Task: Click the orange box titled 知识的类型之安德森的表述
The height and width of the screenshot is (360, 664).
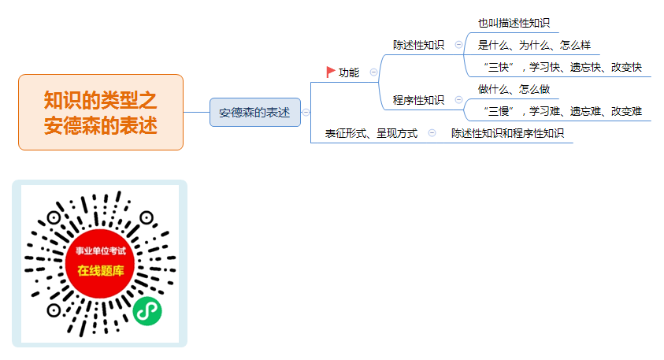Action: (101, 112)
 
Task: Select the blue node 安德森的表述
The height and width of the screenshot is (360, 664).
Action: (255, 112)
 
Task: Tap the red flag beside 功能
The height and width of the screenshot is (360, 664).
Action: (331, 72)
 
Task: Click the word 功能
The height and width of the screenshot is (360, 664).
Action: (349, 72)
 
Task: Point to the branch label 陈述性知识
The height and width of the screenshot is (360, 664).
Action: (418, 45)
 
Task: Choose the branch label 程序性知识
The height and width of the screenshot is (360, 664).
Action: (418, 100)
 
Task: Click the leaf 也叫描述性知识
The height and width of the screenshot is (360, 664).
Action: (514, 23)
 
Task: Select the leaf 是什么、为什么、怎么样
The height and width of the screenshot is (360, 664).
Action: (534, 45)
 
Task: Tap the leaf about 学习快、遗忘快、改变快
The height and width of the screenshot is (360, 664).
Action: (562, 67)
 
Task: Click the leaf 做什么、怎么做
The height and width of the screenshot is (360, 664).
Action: (514, 89)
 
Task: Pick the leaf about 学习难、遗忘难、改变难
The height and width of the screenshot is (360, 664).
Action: (562, 111)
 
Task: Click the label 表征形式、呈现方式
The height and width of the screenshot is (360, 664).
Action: (371, 133)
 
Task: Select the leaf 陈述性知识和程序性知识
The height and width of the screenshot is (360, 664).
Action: (507, 133)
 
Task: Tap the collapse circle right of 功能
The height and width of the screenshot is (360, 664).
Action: (373, 72)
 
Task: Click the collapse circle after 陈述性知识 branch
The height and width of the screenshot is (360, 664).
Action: (458, 44)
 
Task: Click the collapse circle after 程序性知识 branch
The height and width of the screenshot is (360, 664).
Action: (458, 99)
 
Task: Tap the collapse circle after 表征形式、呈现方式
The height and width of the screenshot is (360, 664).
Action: (432, 133)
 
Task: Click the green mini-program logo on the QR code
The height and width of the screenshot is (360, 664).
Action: (147, 311)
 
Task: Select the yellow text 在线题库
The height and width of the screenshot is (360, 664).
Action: (101, 271)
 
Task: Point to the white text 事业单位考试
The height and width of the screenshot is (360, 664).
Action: (101, 251)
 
